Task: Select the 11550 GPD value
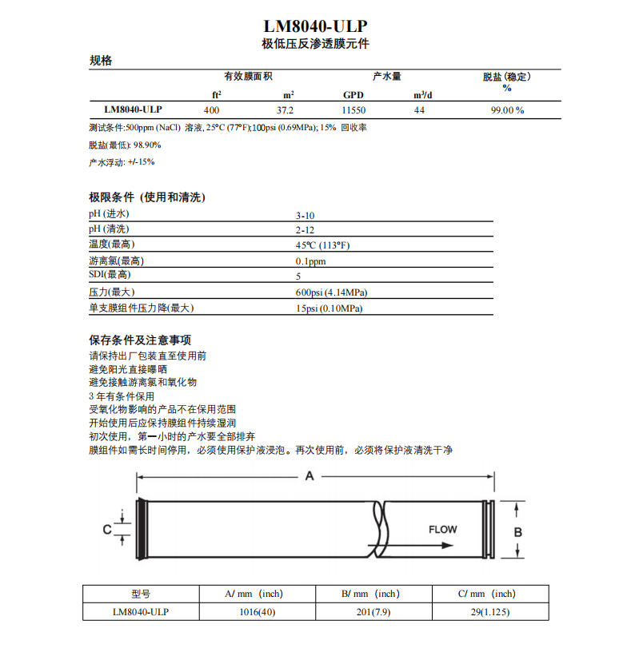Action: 353,110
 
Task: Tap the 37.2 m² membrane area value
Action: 286,110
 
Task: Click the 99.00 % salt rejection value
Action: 506,110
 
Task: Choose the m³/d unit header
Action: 422,95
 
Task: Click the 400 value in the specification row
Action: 212,110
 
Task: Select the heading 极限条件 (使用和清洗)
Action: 147,197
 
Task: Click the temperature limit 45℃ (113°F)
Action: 322,245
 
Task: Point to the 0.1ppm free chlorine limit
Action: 310,261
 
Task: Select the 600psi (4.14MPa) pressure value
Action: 331,292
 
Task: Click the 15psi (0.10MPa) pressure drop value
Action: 329,308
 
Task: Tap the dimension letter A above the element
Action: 310,477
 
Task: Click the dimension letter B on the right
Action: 517,531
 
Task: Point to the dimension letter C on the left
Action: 106,529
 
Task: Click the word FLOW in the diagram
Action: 443,529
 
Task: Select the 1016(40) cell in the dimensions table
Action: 258,612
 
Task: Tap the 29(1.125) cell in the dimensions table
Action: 489,612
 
